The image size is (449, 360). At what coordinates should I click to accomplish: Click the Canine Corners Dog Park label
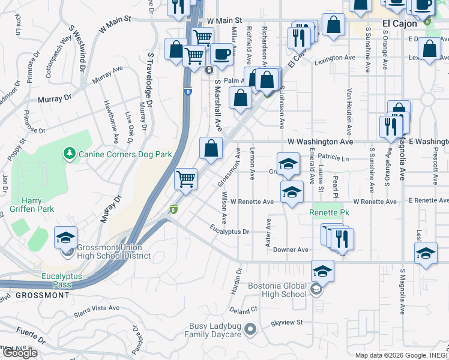[125, 155]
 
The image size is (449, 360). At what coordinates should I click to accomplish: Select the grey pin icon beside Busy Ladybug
[251, 329]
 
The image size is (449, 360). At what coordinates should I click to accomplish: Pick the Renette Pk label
[329, 212]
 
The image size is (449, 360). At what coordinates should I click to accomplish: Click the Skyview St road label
[286, 323]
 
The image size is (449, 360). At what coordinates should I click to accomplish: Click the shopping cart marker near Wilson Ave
[186, 179]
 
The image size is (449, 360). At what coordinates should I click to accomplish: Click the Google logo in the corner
[20, 353]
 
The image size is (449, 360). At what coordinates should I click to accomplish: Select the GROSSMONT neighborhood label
[42, 295]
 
